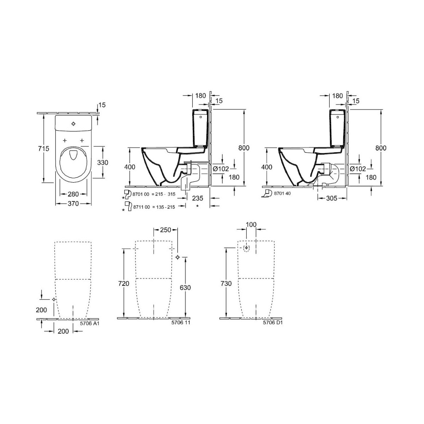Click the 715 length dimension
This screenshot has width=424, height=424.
[43, 148]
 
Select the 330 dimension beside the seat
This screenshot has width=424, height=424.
[102, 163]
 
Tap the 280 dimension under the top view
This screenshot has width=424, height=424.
[73, 194]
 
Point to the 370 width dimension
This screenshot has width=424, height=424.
[73, 204]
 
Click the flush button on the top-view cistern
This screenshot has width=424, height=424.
[73, 124]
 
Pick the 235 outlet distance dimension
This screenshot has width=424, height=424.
[198, 198]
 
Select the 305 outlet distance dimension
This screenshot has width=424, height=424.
[332, 198]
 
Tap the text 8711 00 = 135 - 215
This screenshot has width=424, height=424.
[154, 207]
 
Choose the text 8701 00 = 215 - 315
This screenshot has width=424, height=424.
[154, 194]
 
